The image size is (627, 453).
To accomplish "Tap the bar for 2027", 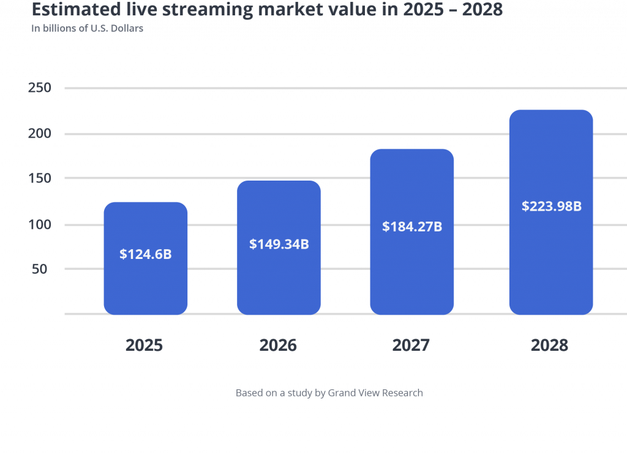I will (411, 263).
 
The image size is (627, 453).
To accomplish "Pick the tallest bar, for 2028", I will (550, 257).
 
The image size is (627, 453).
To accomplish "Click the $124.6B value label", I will (145, 254).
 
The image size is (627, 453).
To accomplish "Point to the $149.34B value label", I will (279, 244).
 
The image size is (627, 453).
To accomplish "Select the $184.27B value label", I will (411, 226).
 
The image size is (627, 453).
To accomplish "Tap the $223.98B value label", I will (551, 206).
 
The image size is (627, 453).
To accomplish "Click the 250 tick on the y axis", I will (39, 88).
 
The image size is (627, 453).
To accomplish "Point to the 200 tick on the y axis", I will (39, 133).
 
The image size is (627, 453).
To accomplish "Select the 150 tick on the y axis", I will (39, 178).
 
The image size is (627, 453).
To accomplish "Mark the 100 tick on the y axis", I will (39, 225).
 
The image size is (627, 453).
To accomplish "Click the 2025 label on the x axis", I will (145, 345).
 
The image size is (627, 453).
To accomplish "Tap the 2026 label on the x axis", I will (278, 345).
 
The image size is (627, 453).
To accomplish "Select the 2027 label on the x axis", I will (411, 345).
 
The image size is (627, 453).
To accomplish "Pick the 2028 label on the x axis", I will (549, 345).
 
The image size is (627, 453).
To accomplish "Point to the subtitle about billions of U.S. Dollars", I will (88, 28).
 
